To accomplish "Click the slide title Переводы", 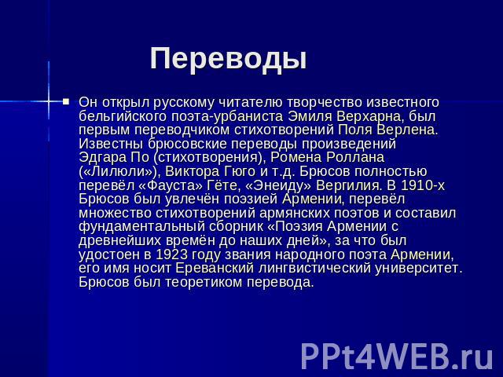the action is (x=228, y=59).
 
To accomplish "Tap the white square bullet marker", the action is (x=66, y=102).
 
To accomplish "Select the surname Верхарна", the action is (x=369, y=116).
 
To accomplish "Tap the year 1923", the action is (x=171, y=254).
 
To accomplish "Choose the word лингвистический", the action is (x=314, y=269).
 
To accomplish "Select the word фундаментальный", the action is (x=141, y=227).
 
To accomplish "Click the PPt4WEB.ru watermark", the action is (x=397, y=357).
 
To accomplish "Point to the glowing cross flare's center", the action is (x=49, y=101).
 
